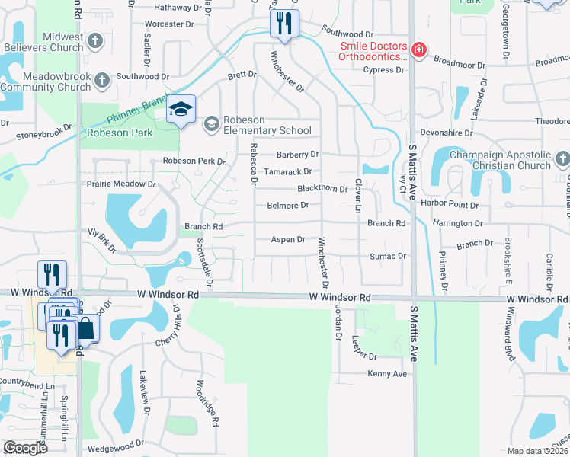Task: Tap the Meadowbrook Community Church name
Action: pos(46,82)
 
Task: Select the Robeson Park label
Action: pos(120,133)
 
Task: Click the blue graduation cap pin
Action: pos(181,110)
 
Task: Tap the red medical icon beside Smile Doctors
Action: pos(418,50)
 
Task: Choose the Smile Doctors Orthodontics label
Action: pos(373,51)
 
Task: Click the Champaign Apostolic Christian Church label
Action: pos(501,160)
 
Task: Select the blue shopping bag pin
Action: pos(86,329)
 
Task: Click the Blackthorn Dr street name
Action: pos(322,189)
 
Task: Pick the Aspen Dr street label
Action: pos(288,239)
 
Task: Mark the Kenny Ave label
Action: pos(387,374)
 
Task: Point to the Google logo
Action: pos(25,448)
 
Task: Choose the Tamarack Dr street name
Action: pos(287,172)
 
